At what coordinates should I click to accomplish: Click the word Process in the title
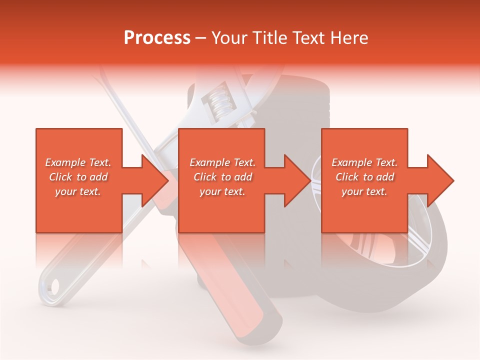click(157, 37)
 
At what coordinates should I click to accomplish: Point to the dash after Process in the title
click(201, 38)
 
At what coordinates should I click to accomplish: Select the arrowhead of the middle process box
click(297, 180)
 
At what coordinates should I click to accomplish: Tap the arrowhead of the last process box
click(440, 180)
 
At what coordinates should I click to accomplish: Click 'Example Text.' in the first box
click(78, 162)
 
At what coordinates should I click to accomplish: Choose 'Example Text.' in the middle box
click(222, 162)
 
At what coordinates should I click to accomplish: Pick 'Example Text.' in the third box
click(364, 162)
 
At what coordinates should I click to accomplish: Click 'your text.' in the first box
click(78, 191)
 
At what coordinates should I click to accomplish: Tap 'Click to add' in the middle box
click(222, 177)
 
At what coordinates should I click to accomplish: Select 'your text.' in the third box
click(364, 191)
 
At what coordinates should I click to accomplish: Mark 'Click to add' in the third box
click(364, 177)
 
